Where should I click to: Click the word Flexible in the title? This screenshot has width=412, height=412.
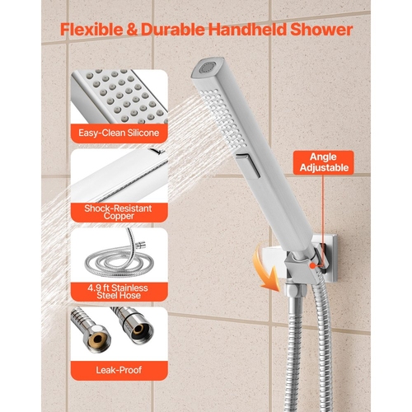(x=91, y=30)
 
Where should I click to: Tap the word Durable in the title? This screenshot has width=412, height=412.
(x=173, y=30)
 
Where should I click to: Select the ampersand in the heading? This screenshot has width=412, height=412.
(x=132, y=30)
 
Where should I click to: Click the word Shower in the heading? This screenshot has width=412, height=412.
(x=321, y=30)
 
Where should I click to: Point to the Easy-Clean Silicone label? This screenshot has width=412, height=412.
(x=119, y=133)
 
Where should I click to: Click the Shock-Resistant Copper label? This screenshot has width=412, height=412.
(x=119, y=213)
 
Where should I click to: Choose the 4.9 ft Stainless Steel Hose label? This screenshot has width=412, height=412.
(x=119, y=292)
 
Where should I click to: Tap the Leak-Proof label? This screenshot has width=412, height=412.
(x=119, y=371)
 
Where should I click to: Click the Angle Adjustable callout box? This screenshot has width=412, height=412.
(x=324, y=162)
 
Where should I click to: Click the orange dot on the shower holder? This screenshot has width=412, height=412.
(x=312, y=265)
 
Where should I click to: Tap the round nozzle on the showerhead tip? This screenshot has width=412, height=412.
(x=207, y=68)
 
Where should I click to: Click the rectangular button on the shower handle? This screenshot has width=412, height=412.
(x=248, y=166)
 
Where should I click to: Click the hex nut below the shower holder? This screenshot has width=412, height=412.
(x=295, y=291)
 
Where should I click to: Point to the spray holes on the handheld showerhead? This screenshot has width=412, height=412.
(x=223, y=118)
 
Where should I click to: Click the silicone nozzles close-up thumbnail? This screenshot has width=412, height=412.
(x=119, y=96)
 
